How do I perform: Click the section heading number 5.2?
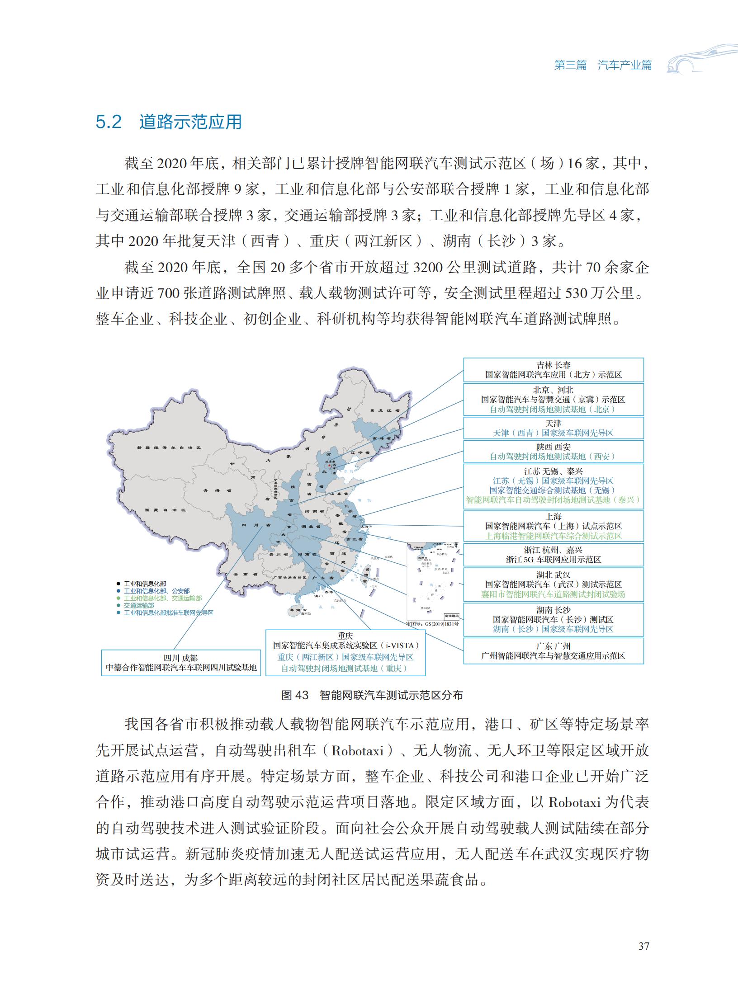tap(109, 122)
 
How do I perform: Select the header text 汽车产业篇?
tap(624, 65)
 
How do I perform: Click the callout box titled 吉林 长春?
tap(553, 370)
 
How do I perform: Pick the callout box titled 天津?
tap(553, 428)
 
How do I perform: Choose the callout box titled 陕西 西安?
tap(553, 451)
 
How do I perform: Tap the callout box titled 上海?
tap(553, 526)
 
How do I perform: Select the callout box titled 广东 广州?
tap(553, 651)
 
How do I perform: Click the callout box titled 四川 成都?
tap(180, 663)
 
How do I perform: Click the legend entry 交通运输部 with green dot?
tap(138, 605)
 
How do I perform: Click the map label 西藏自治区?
tap(166, 510)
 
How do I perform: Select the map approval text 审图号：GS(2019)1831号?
tap(432, 623)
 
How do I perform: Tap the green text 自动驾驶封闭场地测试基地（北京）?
tap(553, 410)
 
